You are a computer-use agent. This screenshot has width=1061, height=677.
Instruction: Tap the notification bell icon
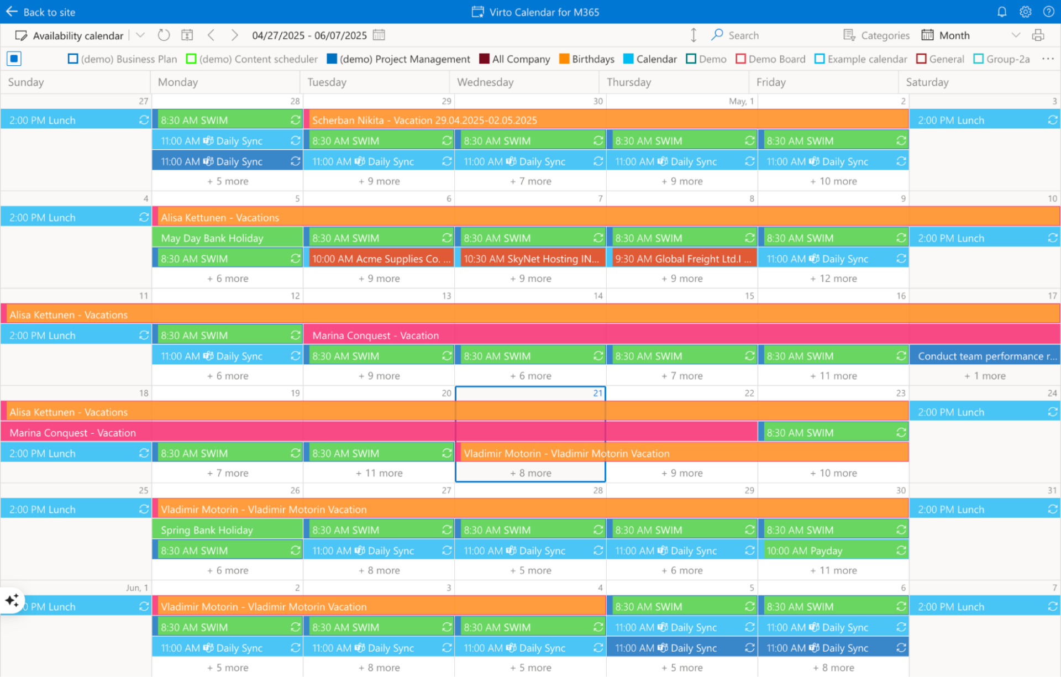[x=1002, y=12]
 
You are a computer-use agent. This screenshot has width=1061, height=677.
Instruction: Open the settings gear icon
[x=1026, y=12]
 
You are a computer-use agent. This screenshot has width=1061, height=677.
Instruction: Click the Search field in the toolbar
[x=743, y=35]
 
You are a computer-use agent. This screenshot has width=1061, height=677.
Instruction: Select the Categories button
[x=876, y=35]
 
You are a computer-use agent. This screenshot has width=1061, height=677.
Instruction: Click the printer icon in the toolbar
[x=1038, y=35]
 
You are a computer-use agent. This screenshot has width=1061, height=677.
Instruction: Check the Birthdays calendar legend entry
[x=564, y=59]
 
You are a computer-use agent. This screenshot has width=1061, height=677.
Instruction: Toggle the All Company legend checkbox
[x=485, y=59]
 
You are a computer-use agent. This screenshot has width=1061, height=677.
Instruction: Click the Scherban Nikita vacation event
[x=424, y=120]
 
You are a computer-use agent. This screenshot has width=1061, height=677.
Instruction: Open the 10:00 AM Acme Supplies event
[x=381, y=259]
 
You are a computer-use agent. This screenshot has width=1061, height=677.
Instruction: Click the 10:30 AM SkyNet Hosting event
[x=530, y=259]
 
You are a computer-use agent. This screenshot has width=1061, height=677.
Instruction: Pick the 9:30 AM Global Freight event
[x=682, y=259]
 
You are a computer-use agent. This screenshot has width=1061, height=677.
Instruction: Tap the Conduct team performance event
[x=985, y=356]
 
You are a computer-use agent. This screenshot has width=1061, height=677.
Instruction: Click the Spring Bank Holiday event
[x=207, y=530]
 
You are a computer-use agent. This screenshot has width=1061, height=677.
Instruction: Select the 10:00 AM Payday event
[x=805, y=550]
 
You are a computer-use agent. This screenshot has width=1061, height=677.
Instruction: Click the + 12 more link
[x=833, y=279]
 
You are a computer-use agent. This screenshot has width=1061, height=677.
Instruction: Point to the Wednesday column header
[x=485, y=82]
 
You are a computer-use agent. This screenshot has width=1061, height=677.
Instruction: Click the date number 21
[x=597, y=393]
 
